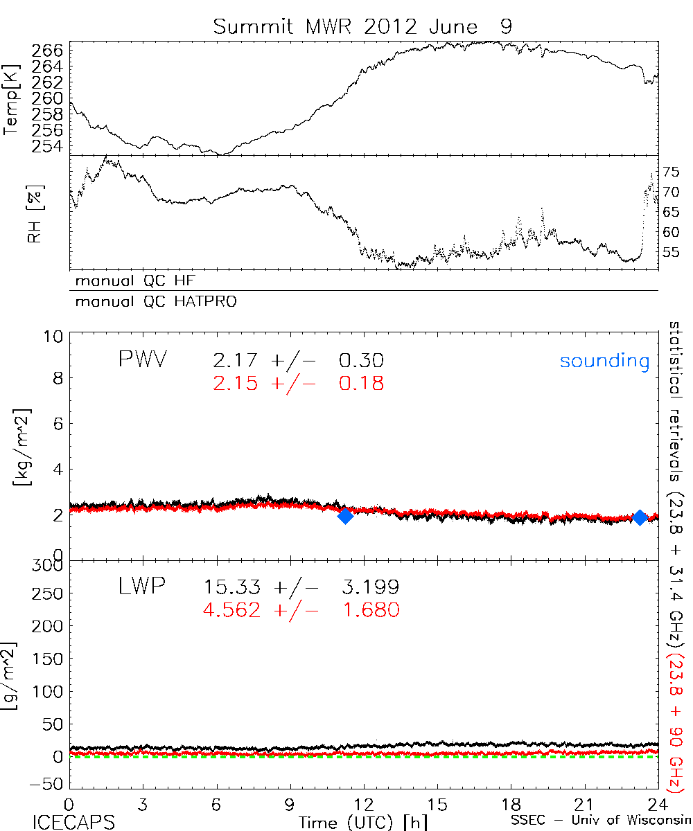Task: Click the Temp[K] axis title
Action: (x=11, y=98)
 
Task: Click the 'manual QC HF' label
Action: (x=131, y=280)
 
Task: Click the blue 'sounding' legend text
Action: (x=605, y=361)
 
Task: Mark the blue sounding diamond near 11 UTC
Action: (x=344, y=515)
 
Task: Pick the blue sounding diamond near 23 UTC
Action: (x=639, y=517)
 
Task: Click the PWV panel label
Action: (x=145, y=360)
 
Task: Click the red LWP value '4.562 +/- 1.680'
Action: (x=301, y=610)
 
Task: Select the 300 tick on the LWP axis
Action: (x=49, y=565)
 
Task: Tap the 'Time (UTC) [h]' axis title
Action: (x=353, y=821)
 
